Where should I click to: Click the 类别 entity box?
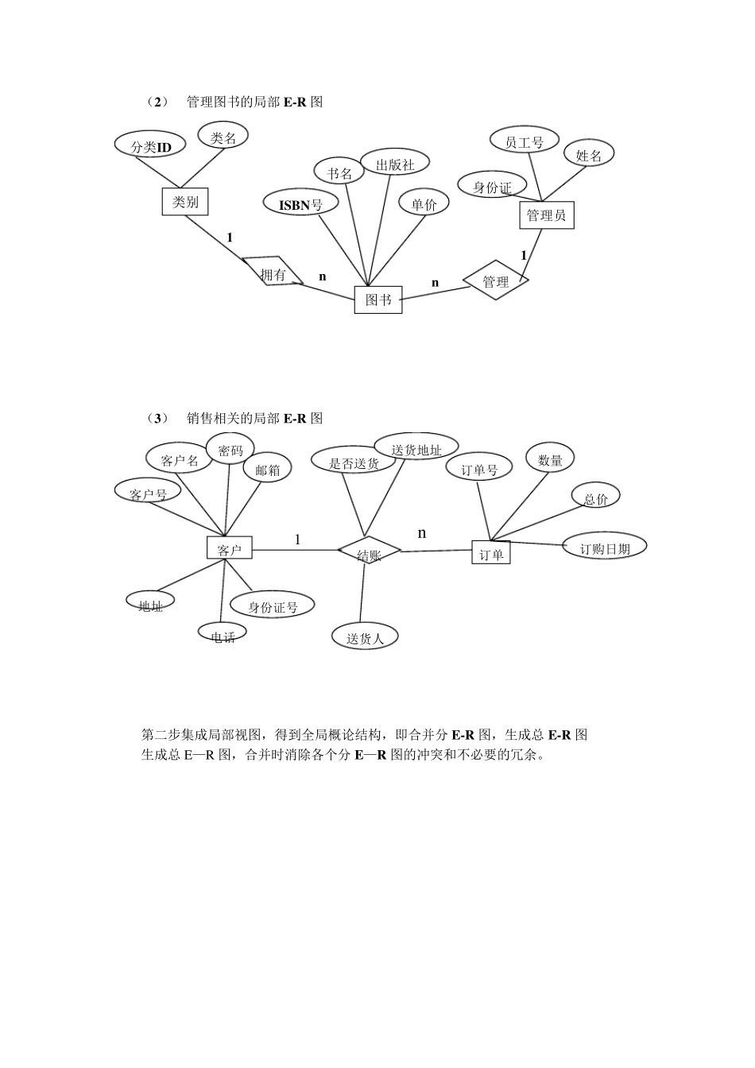click(x=185, y=202)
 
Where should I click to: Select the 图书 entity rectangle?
click(x=377, y=300)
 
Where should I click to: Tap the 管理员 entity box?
click(x=546, y=215)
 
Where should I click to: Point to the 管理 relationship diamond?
click(x=495, y=281)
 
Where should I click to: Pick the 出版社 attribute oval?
click(x=395, y=164)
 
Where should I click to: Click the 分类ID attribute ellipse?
click(x=151, y=146)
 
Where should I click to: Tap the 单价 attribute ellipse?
click(x=424, y=203)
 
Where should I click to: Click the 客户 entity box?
click(x=230, y=548)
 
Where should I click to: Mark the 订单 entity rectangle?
click(x=491, y=553)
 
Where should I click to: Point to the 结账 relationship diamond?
click(x=369, y=553)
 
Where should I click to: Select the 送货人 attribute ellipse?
click(x=365, y=637)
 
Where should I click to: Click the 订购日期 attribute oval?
click(x=604, y=548)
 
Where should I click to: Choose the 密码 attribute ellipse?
click(x=230, y=451)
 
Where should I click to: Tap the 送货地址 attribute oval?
click(x=416, y=448)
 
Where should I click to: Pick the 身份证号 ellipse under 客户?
click(x=273, y=606)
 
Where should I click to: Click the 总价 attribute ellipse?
click(x=595, y=498)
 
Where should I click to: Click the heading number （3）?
click(x=157, y=418)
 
